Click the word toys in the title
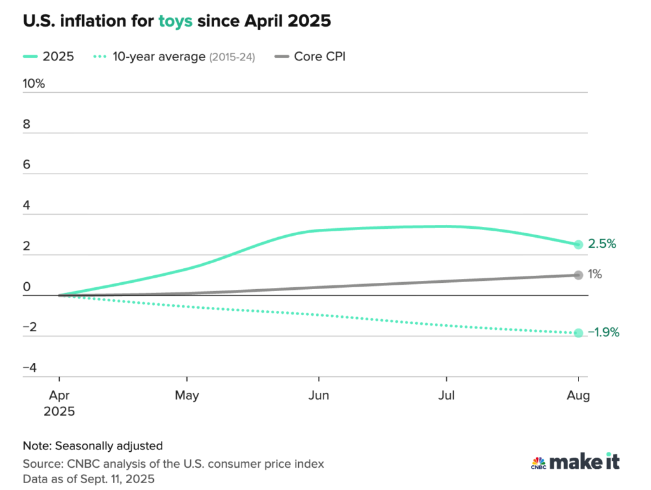(175, 22)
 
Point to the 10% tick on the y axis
(34, 84)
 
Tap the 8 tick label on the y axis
(27, 125)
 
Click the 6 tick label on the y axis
(27, 165)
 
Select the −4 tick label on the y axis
(31, 368)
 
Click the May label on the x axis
(187, 395)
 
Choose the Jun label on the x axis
(319, 395)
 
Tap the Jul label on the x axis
(448, 395)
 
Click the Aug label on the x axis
(579, 395)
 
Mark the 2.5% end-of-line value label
(602, 244)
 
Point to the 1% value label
(594, 275)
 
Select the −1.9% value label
(603, 332)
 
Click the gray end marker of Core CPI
(579, 275)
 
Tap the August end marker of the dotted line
(579, 333)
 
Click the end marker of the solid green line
(579, 245)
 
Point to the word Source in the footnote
(39, 464)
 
